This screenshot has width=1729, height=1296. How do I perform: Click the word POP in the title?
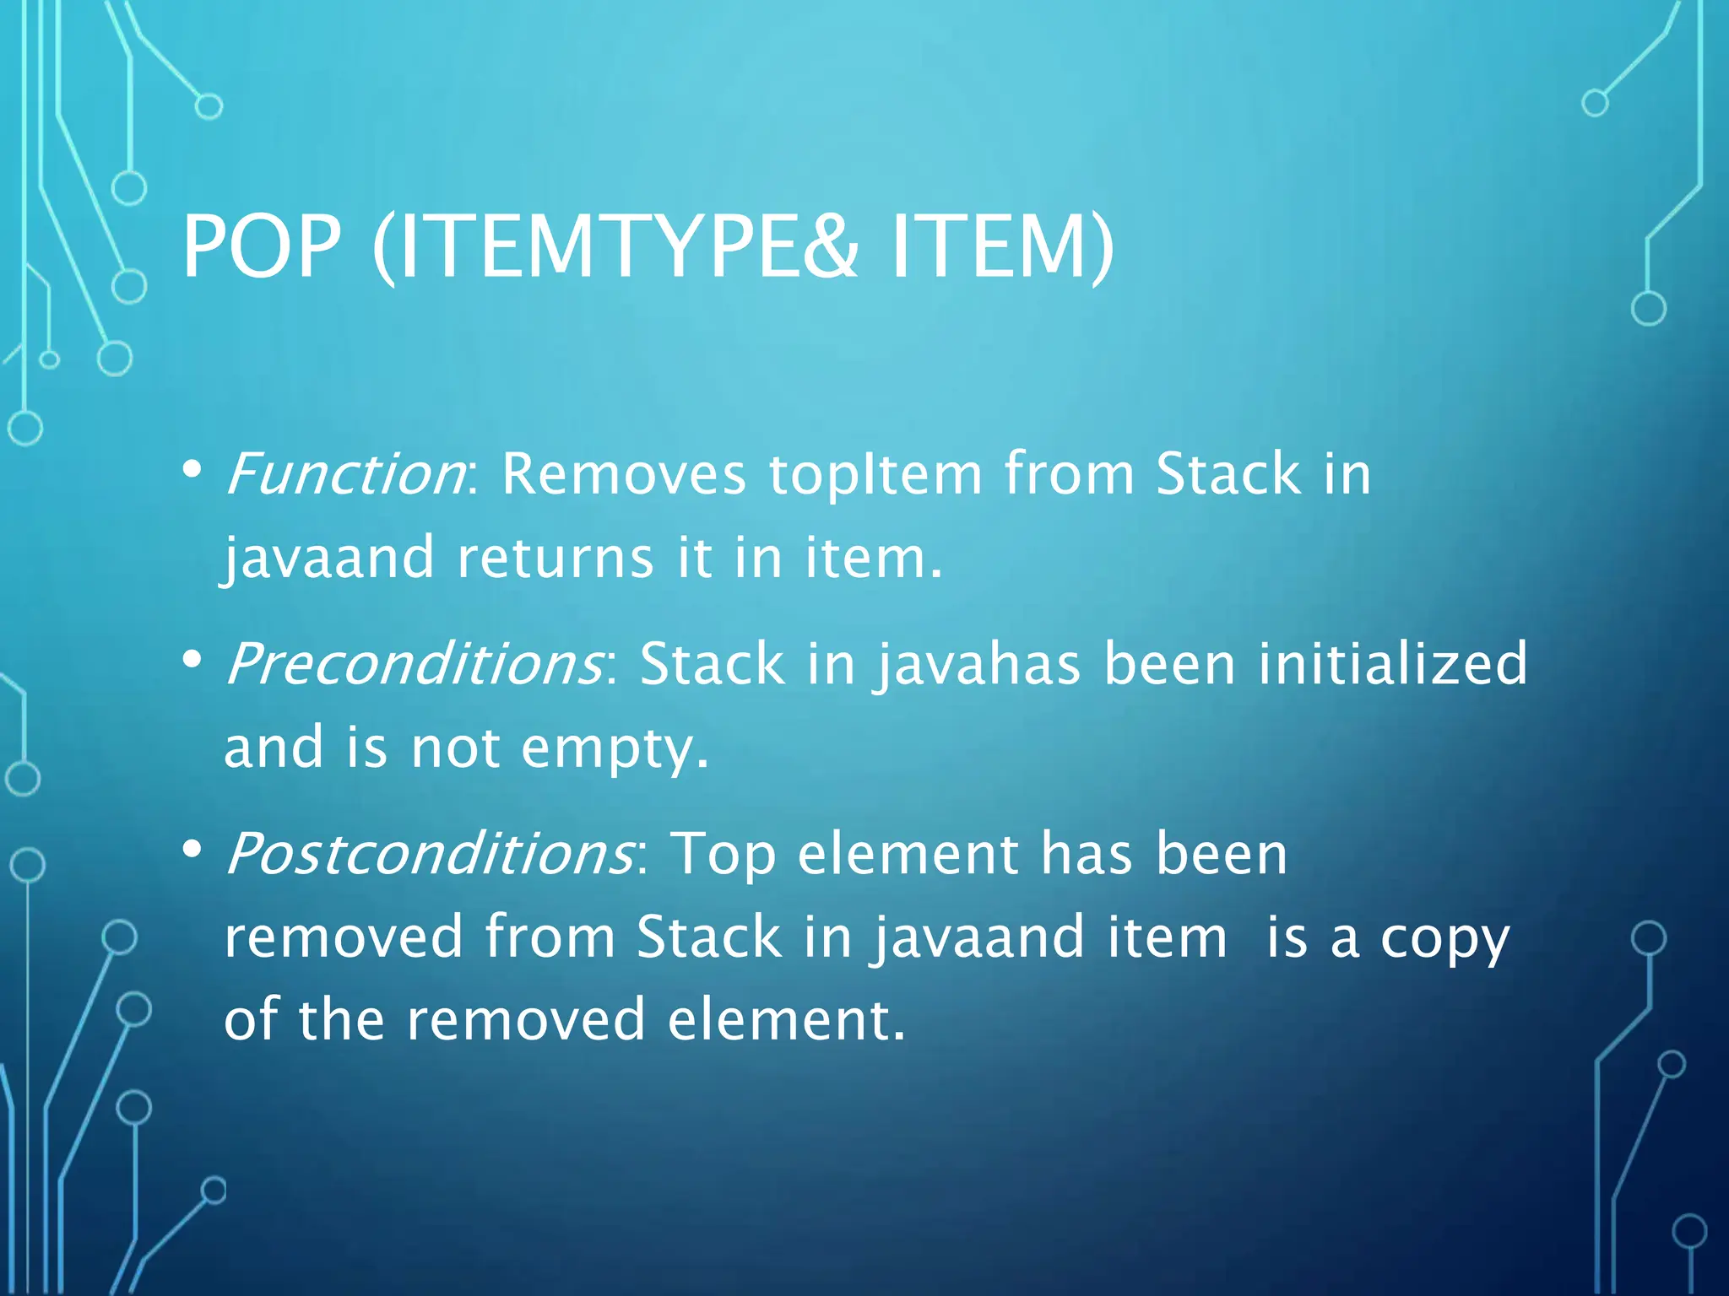point(262,246)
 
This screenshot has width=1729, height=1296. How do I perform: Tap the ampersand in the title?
point(829,246)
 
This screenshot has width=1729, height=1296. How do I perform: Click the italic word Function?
point(344,474)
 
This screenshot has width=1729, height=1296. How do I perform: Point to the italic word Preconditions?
point(414,664)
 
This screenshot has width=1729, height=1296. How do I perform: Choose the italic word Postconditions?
point(429,854)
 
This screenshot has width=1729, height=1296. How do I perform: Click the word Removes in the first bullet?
point(624,474)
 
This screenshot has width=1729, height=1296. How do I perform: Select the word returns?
point(556,559)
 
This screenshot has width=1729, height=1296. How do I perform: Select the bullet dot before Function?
point(192,468)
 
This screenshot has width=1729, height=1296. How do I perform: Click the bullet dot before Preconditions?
point(192,658)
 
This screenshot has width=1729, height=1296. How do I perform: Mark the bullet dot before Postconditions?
point(192,848)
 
